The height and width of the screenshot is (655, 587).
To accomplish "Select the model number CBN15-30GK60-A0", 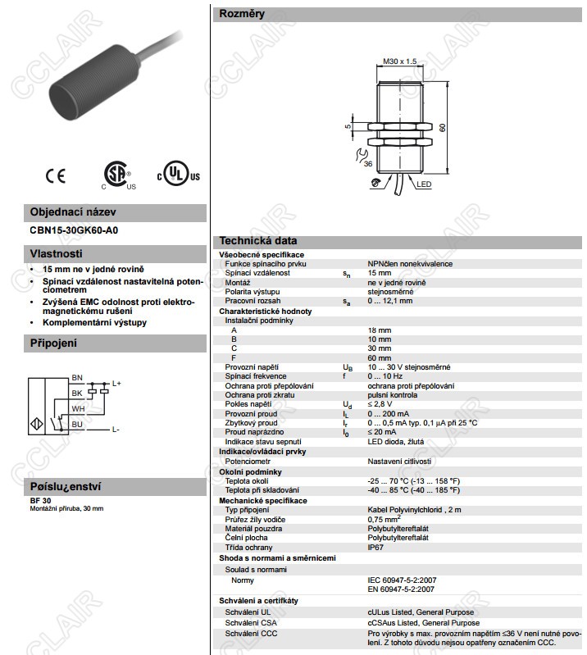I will [74, 230].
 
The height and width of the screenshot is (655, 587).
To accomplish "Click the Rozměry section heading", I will [242, 14].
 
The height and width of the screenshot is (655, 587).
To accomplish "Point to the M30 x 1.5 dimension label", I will [399, 61].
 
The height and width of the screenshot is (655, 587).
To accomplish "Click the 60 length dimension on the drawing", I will [443, 128].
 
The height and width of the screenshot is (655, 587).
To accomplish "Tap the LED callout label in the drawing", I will [424, 185].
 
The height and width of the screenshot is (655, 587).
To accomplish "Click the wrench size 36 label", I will [366, 165].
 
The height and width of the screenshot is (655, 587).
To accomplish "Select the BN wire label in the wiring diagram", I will [77, 377].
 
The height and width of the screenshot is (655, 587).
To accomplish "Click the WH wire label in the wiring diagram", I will [78, 407].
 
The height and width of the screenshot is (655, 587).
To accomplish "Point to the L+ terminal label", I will [116, 383].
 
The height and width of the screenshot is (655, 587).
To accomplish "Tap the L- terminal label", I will [116, 430].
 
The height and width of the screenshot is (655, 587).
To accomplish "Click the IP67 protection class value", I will [375, 546].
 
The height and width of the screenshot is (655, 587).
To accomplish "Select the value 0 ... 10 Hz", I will [387, 375].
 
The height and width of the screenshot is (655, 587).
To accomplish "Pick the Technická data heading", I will [258, 241].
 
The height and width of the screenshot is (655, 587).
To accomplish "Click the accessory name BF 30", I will [40, 500].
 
